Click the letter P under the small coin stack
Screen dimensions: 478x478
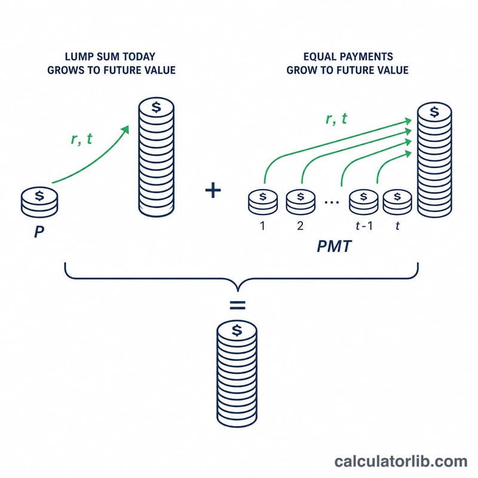point(39,232)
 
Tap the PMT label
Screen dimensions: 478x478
point(334,246)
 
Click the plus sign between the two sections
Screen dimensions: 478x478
point(213,190)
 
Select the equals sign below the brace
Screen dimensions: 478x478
point(237,305)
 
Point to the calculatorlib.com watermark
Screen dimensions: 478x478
point(400,461)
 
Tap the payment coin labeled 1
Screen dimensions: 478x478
point(263,202)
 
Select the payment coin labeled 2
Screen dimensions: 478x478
point(301,202)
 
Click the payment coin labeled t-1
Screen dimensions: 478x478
point(364,202)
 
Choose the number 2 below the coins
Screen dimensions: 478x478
point(301,226)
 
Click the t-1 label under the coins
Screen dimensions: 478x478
point(364,226)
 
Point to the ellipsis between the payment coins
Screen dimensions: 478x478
point(332,202)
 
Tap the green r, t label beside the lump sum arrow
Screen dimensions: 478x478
point(81,139)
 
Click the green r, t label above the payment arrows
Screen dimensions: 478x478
point(336,118)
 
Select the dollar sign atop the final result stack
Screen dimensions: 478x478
point(237,330)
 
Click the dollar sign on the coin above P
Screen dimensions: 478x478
point(39,195)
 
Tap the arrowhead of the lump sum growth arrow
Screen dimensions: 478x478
point(125,130)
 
